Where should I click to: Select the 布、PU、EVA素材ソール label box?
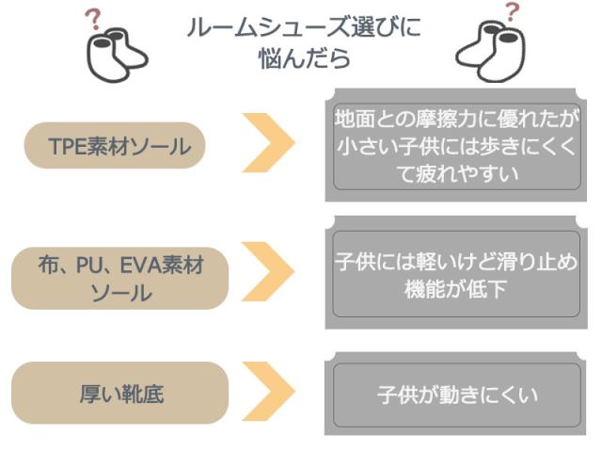pos(119,279)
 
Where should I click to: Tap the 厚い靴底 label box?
pos(119,393)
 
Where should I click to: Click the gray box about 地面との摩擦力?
pos(457,147)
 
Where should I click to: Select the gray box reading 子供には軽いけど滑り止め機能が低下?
pos(457,275)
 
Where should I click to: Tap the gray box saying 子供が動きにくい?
pos(457,395)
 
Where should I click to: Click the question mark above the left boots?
pos(93,19)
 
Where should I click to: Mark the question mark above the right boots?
pos(512,12)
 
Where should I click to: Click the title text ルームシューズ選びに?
pos(304,27)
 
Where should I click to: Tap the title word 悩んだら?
pos(304,58)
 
